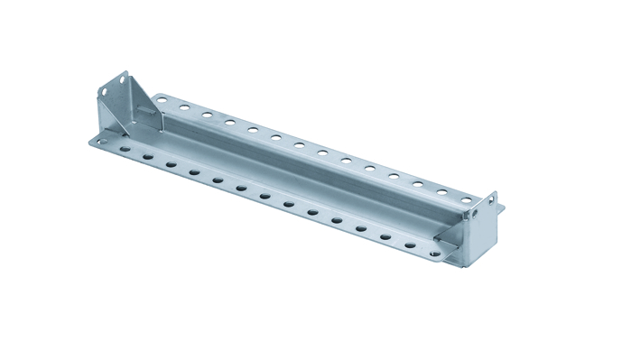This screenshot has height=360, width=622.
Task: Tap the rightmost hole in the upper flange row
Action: pyautogui.click(x=466, y=199)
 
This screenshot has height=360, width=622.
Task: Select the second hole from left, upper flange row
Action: pyautogui.click(x=184, y=107)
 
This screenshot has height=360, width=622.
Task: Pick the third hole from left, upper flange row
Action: pyautogui.click(x=207, y=115)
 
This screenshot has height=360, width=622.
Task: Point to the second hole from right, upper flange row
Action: pyautogui.click(x=442, y=191)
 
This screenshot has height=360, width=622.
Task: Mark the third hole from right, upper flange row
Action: pyautogui.click(x=419, y=184)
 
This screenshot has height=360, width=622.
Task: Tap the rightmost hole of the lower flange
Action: pyautogui.click(x=434, y=254)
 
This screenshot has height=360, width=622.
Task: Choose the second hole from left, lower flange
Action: pyautogui.click(x=124, y=149)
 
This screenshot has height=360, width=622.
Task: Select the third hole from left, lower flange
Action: pyautogui.click(x=147, y=157)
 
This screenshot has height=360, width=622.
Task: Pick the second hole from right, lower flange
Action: pyautogui.click(x=410, y=245)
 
